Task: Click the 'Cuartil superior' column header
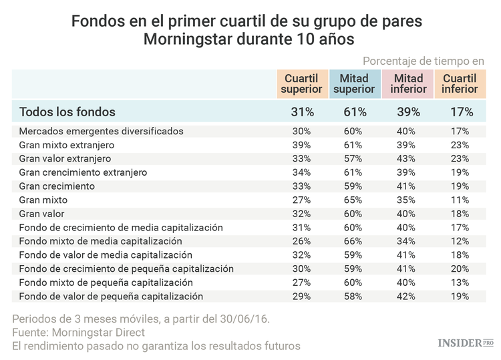click(302, 83)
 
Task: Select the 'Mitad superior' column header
click(354, 83)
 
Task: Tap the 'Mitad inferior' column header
click(407, 83)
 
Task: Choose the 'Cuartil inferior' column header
click(460, 83)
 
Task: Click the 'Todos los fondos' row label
click(67, 112)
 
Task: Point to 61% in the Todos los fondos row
click(355, 112)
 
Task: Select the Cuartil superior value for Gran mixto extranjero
click(302, 145)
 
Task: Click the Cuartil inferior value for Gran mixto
click(460, 200)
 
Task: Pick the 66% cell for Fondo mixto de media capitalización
click(355, 241)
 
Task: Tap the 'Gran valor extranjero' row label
click(65, 159)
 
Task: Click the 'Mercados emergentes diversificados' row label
click(101, 131)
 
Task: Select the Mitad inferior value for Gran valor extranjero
click(407, 159)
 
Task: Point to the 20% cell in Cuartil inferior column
click(460, 268)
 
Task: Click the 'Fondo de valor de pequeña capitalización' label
click(111, 296)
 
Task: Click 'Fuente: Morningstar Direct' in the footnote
click(79, 332)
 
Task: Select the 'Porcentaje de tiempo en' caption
click(424, 60)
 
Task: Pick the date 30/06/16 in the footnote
click(246, 319)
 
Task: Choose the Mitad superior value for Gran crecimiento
click(355, 186)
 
